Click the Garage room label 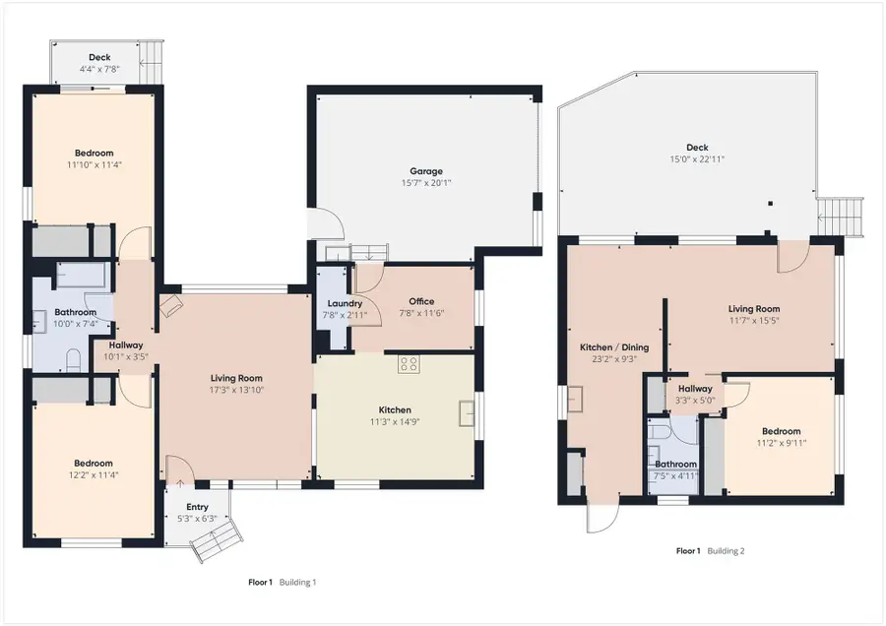pyautogui.click(x=426, y=171)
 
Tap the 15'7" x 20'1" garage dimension pyautogui.click(x=426, y=183)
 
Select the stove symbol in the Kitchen pyautogui.click(x=409, y=364)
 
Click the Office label pyautogui.click(x=421, y=301)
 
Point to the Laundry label pyautogui.click(x=345, y=303)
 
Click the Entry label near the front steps pyautogui.click(x=197, y=507)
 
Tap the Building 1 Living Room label pyautogui.click(x=236, y=378)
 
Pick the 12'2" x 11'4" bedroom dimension pyautogui.click(x=94, y=475)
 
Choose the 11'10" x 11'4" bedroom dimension pyautogui.click(x=95, y=165)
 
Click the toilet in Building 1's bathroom pyautogui.click(x=74, y=360)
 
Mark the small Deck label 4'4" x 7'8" pyautogui.click(x=99, y=63)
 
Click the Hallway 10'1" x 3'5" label pyautogui.click(x=126, y=350)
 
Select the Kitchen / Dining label pyautogui.click(x=614, y=346)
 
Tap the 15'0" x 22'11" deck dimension pyautogui.click(x=697, y=159)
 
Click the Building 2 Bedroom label pyautogui.click(x=781, y=431)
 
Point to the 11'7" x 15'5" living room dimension pyautogui.click(x=754, y=320)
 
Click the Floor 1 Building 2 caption pyautogui.click(x=710, y=551)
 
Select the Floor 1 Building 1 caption pyautogui.click(x=282, y=582)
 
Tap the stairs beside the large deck pyautogui.click(x=841, y=217)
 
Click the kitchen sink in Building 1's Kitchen pyautogui.click(x=467, y=413)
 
